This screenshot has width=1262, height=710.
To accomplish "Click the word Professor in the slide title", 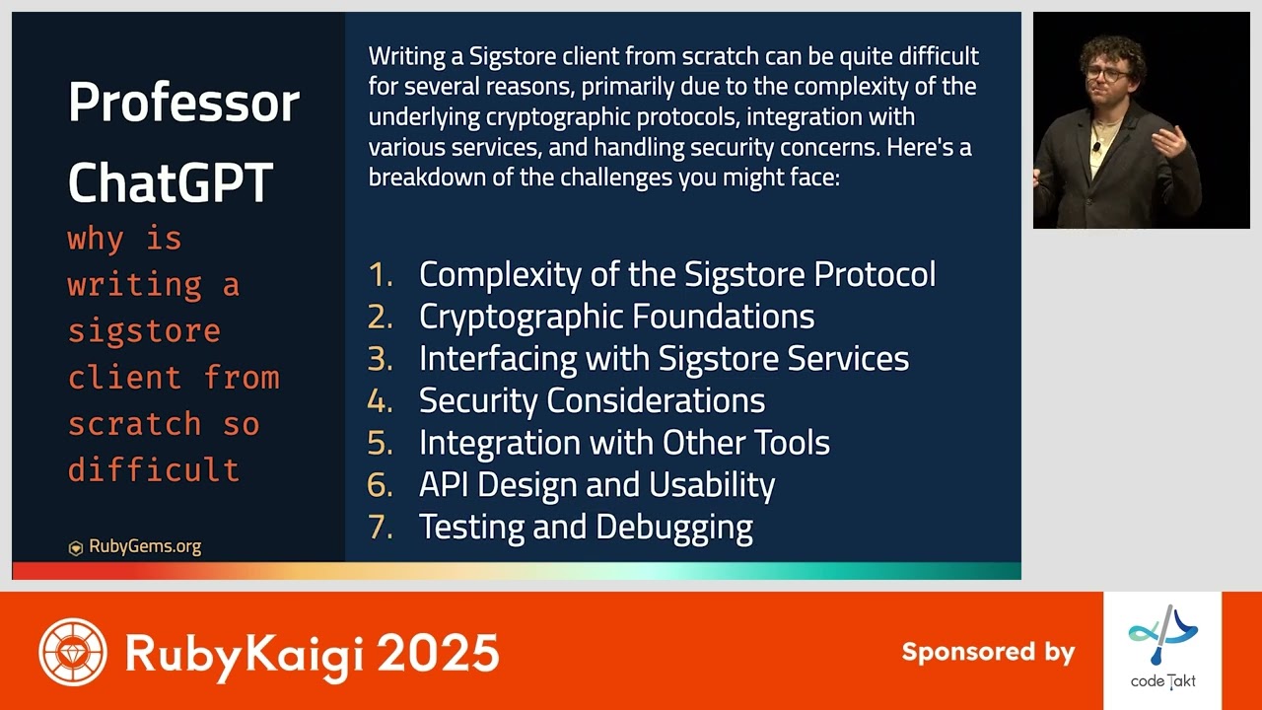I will pos(183,103).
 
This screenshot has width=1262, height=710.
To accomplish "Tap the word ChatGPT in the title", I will pos(170,182).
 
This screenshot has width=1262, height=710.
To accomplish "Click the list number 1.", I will pos(380,274).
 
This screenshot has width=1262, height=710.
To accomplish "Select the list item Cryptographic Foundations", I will pos(616,317).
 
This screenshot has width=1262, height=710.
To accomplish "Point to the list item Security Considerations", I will pos(592,400).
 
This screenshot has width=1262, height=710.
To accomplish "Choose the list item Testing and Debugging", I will pos(586,527).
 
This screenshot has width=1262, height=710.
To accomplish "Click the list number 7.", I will pos(380,527).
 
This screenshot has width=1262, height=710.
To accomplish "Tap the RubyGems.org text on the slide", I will pos(145,546).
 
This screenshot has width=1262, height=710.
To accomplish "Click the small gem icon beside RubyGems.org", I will pos(75,548).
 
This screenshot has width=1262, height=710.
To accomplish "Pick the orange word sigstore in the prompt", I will pos(144,331).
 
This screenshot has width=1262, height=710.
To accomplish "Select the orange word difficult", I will pos(153,469).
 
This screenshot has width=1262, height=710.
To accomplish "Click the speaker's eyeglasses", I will pos(1107,73).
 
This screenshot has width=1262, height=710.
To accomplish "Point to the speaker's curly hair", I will pos(1112,49).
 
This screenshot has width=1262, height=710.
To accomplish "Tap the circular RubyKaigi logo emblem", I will pos(73,652).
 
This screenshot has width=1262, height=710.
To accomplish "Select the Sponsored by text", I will pos(987,652).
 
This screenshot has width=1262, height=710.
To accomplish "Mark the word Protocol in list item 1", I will pos(875,274).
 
